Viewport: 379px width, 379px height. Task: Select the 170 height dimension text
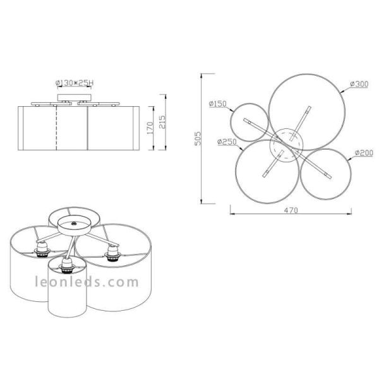click(x=150, y=129)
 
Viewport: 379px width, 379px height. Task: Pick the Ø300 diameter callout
click(x=358, y=85)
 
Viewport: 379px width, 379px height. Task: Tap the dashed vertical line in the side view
click(x=57, y=129)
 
